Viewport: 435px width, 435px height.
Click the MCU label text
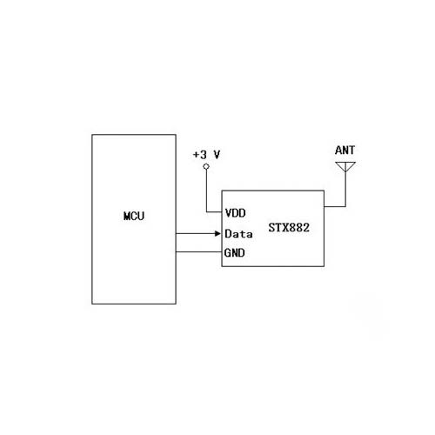[x=134, y=216]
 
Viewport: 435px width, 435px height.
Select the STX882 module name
[x=289, y=228]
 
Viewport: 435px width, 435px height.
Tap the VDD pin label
[x=235, y=213]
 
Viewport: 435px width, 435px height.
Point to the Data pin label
[x=238, y=234]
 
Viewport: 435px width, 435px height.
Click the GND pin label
[x=235, y=253]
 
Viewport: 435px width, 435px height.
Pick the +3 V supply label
[x=206, y=155]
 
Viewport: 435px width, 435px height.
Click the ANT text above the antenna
[x=345, y=151]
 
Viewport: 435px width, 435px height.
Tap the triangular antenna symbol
[x=345, y=166]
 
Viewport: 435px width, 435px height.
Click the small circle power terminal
[x=206, y=166]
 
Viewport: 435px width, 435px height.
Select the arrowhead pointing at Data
[x=217, y=233]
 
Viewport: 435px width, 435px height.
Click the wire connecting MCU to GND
[x=198, y=251]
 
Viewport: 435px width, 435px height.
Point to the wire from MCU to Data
[x=196, y=233]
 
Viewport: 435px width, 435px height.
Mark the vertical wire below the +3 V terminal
[x=206, y=191]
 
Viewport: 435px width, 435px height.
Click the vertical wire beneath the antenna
[x=345, y=189]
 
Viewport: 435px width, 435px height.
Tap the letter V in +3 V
[x=217, y=155]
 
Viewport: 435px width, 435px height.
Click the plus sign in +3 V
[x=196, y=155]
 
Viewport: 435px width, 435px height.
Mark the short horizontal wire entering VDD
[x=214, y=212]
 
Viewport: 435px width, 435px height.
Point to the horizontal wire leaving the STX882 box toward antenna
[x=335, y=206]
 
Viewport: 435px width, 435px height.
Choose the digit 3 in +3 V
[x=204, y=155]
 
